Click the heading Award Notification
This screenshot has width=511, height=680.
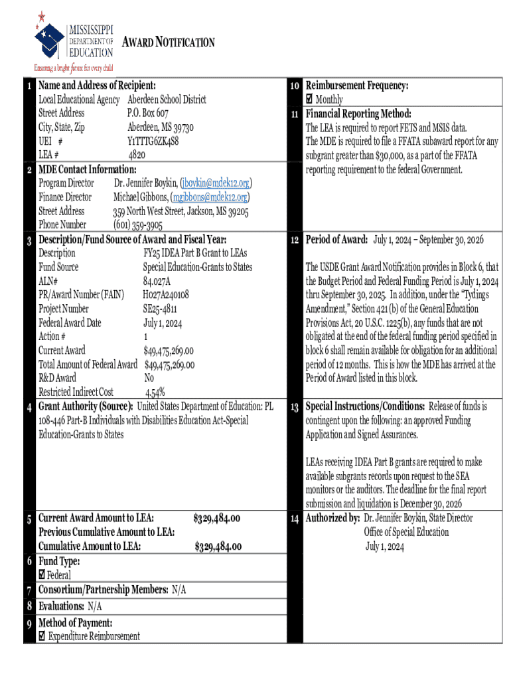(169, 42)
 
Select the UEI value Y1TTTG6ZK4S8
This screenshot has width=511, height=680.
(153, 141)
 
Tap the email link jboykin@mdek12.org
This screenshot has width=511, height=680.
(216, 183)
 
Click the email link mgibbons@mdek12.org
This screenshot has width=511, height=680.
(210, 197)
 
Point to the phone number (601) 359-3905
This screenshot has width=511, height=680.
(137, 225)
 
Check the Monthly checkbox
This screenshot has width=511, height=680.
(309, 100)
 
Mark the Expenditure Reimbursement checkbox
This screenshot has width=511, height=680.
(42, 636)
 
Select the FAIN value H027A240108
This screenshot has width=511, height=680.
(166, 295)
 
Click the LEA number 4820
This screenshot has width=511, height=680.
(137, 155)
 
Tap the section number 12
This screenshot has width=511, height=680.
(295, 240)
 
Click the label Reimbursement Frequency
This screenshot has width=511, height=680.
(356, 86)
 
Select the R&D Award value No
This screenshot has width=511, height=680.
(149, 378)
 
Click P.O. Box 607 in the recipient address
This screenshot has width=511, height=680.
(148, 113)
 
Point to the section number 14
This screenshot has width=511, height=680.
(295, 518)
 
